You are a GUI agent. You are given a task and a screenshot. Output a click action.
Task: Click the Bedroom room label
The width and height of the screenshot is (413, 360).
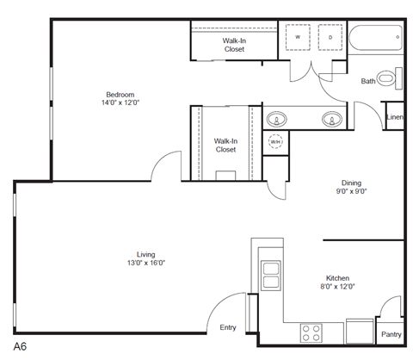pos(120,95)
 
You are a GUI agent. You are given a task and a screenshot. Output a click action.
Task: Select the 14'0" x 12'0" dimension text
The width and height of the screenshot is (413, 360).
pos(120,103)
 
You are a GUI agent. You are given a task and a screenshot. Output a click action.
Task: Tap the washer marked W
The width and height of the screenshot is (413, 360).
pos(298,38)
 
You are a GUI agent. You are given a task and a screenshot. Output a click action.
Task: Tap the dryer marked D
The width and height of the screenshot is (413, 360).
pos(330,38)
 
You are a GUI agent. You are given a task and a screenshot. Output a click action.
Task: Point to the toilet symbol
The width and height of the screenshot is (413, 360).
pos(389,80)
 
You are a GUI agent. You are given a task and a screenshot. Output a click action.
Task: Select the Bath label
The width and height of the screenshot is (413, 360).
pos(368,82)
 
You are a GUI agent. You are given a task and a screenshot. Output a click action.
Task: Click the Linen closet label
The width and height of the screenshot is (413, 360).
pos(395,117)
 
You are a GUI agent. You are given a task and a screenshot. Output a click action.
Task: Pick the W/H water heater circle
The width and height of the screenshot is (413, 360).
pos(276,142)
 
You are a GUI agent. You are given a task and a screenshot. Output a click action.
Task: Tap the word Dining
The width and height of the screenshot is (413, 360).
pos(351,183)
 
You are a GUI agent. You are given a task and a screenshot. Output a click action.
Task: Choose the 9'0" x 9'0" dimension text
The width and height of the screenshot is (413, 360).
pos(351,192)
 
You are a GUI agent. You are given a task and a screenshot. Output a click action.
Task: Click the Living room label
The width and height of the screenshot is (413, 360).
pos(145,254)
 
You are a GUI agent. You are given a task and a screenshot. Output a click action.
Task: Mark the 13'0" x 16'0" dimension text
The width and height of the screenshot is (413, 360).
pos(145,264)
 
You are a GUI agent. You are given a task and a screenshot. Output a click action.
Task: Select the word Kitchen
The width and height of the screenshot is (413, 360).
pos(336,278)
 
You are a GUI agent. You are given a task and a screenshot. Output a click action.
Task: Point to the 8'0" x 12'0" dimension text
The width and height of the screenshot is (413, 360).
pos(336,287)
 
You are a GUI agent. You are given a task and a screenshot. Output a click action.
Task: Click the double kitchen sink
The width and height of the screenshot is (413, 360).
pos(270,273)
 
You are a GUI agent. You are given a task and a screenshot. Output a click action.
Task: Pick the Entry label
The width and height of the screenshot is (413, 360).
pos(228,327)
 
